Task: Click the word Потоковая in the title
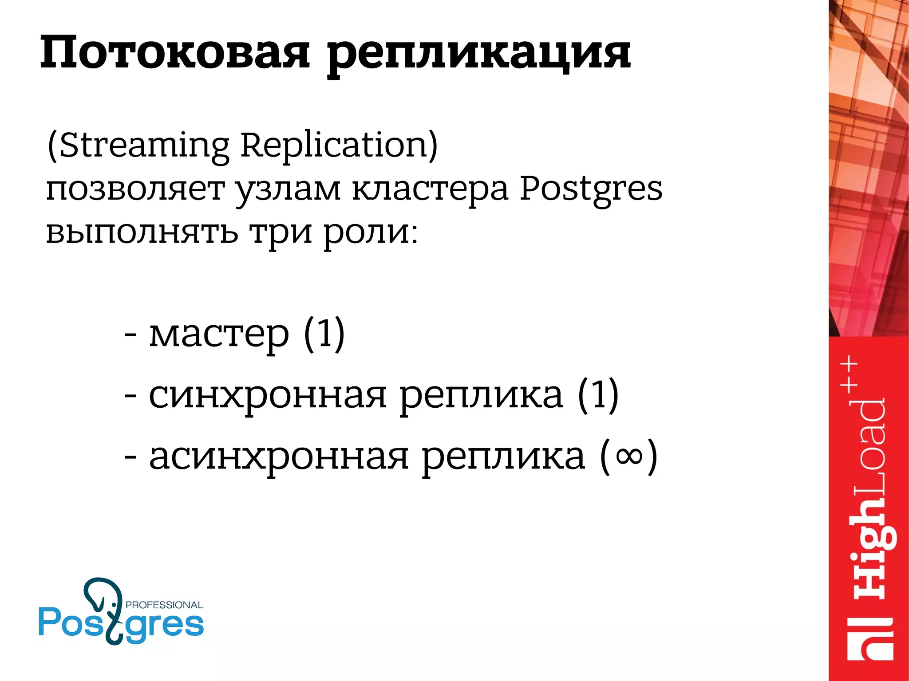point(174,53)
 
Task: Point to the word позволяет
point(135,188)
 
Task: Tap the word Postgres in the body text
point(591,189)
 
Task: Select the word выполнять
point(142,232)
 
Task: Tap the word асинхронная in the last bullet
point(278,457)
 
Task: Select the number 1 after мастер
point(324,332)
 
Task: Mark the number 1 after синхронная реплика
point(598,394)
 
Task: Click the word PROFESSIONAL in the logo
point(164,605)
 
